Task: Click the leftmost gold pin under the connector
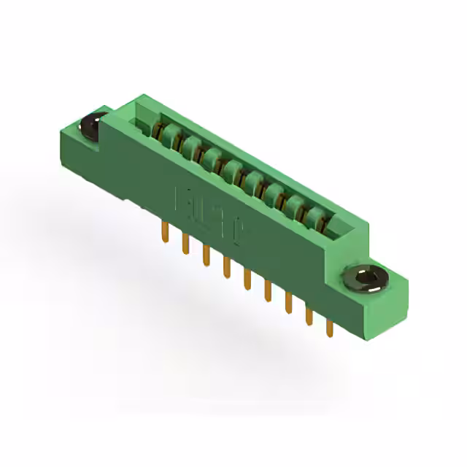[x=164, y=233]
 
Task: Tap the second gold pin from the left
[x=185, y=244]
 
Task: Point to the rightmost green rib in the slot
[x=317, y=216]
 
